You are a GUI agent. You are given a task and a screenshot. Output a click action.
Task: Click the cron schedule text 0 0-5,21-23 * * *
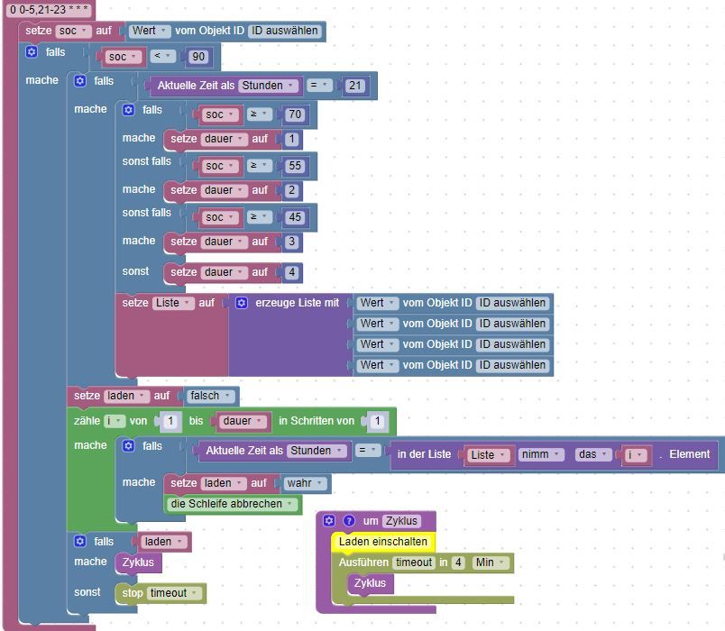pos(49,9)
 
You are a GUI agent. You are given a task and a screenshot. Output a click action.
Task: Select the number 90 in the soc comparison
pos(198,57)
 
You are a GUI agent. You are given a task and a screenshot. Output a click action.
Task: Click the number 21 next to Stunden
pos(355,86)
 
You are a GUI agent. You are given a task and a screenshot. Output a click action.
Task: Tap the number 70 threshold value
pos(295,114)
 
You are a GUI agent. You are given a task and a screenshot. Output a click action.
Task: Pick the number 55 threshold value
pos(295,166)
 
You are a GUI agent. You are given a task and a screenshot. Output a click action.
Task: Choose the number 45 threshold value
pos(295,217)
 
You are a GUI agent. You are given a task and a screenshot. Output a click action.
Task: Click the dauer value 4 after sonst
pos(292,272)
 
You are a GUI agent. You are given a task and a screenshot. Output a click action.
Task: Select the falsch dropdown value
pos(210,396)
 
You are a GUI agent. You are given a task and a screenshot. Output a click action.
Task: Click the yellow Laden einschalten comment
pos(383,542)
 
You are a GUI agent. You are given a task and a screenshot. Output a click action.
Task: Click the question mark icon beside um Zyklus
pos(349,521)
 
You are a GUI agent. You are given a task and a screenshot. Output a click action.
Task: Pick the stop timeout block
pos(161,593)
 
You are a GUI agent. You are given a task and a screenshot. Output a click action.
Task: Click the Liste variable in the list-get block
pos(487,455)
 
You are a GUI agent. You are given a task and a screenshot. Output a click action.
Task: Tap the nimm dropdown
pos(540,454)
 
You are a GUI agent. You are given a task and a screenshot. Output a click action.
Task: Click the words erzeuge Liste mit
pos(298,303)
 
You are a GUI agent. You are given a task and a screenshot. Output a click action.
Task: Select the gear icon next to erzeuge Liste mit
pos(242,303)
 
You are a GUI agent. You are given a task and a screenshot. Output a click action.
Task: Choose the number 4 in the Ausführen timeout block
pos(458,562)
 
